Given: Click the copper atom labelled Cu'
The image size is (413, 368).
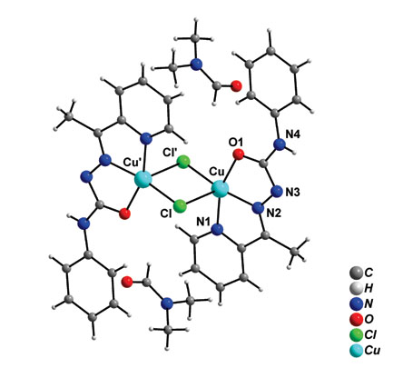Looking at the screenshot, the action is tap(143, 179).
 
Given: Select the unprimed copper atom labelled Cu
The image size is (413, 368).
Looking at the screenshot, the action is tap(221, 188).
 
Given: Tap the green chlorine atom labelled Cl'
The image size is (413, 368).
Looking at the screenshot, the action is tap(183, 162).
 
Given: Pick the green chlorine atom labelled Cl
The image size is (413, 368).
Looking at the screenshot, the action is tap(180, 206).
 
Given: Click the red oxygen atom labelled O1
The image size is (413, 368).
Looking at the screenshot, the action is tap(239, 154).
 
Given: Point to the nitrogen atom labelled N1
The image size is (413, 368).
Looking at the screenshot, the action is tap(217, 230).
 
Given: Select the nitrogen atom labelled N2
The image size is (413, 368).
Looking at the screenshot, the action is tap(258, 208).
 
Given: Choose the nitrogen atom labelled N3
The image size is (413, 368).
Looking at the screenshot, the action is tap(277, 192).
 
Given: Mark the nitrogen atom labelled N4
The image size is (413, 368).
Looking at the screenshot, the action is tap(280, 144).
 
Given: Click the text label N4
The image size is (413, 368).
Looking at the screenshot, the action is tap(293, 134).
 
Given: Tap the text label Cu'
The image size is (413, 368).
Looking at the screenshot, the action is tap(133, 162).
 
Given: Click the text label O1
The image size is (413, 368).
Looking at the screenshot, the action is tap(237, 142).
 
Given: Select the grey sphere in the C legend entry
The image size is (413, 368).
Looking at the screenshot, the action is tap(356, 273).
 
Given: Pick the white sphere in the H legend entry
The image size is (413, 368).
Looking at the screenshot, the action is tap(356, 288).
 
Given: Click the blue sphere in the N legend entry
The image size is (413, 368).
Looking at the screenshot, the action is tap(356, 303).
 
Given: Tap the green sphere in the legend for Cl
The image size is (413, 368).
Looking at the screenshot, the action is tap(356, 335).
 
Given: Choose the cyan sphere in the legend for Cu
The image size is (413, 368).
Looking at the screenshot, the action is tap(356, 351).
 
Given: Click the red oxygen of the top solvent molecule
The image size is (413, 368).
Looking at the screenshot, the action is tap(236, 86).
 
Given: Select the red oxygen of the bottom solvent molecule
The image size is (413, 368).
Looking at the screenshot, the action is tap(127, 282).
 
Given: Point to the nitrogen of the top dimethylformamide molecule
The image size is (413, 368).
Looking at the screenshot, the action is tap(196, 65).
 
